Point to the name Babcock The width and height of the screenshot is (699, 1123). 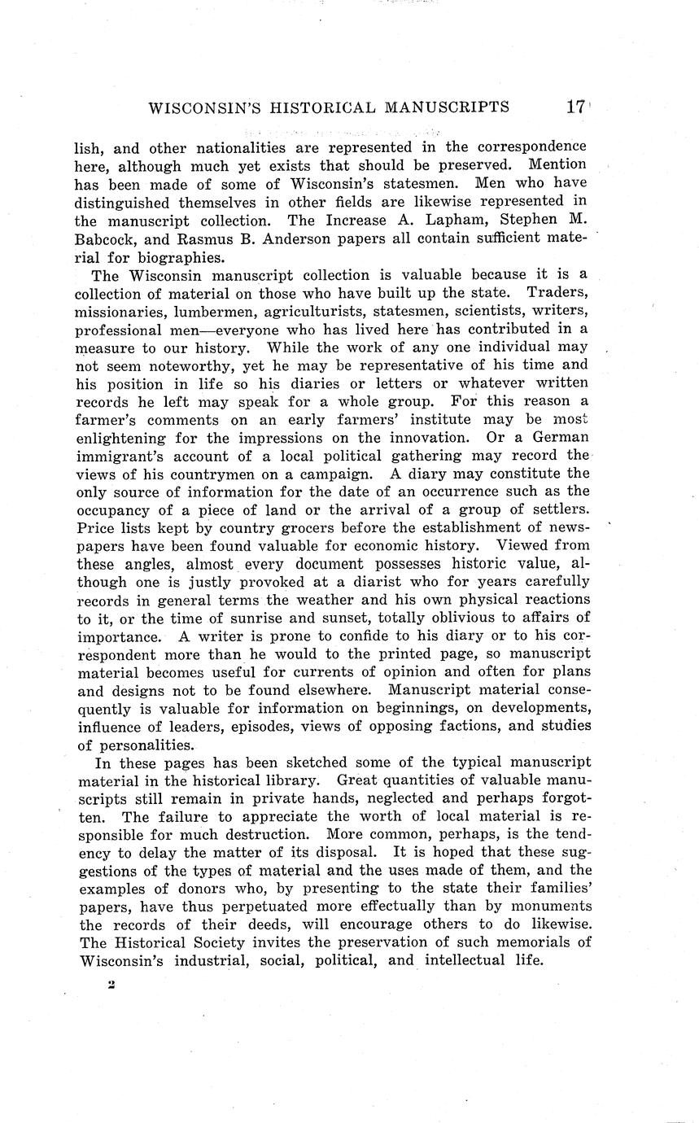click(107, 239)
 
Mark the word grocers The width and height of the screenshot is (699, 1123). click(250, 528)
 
